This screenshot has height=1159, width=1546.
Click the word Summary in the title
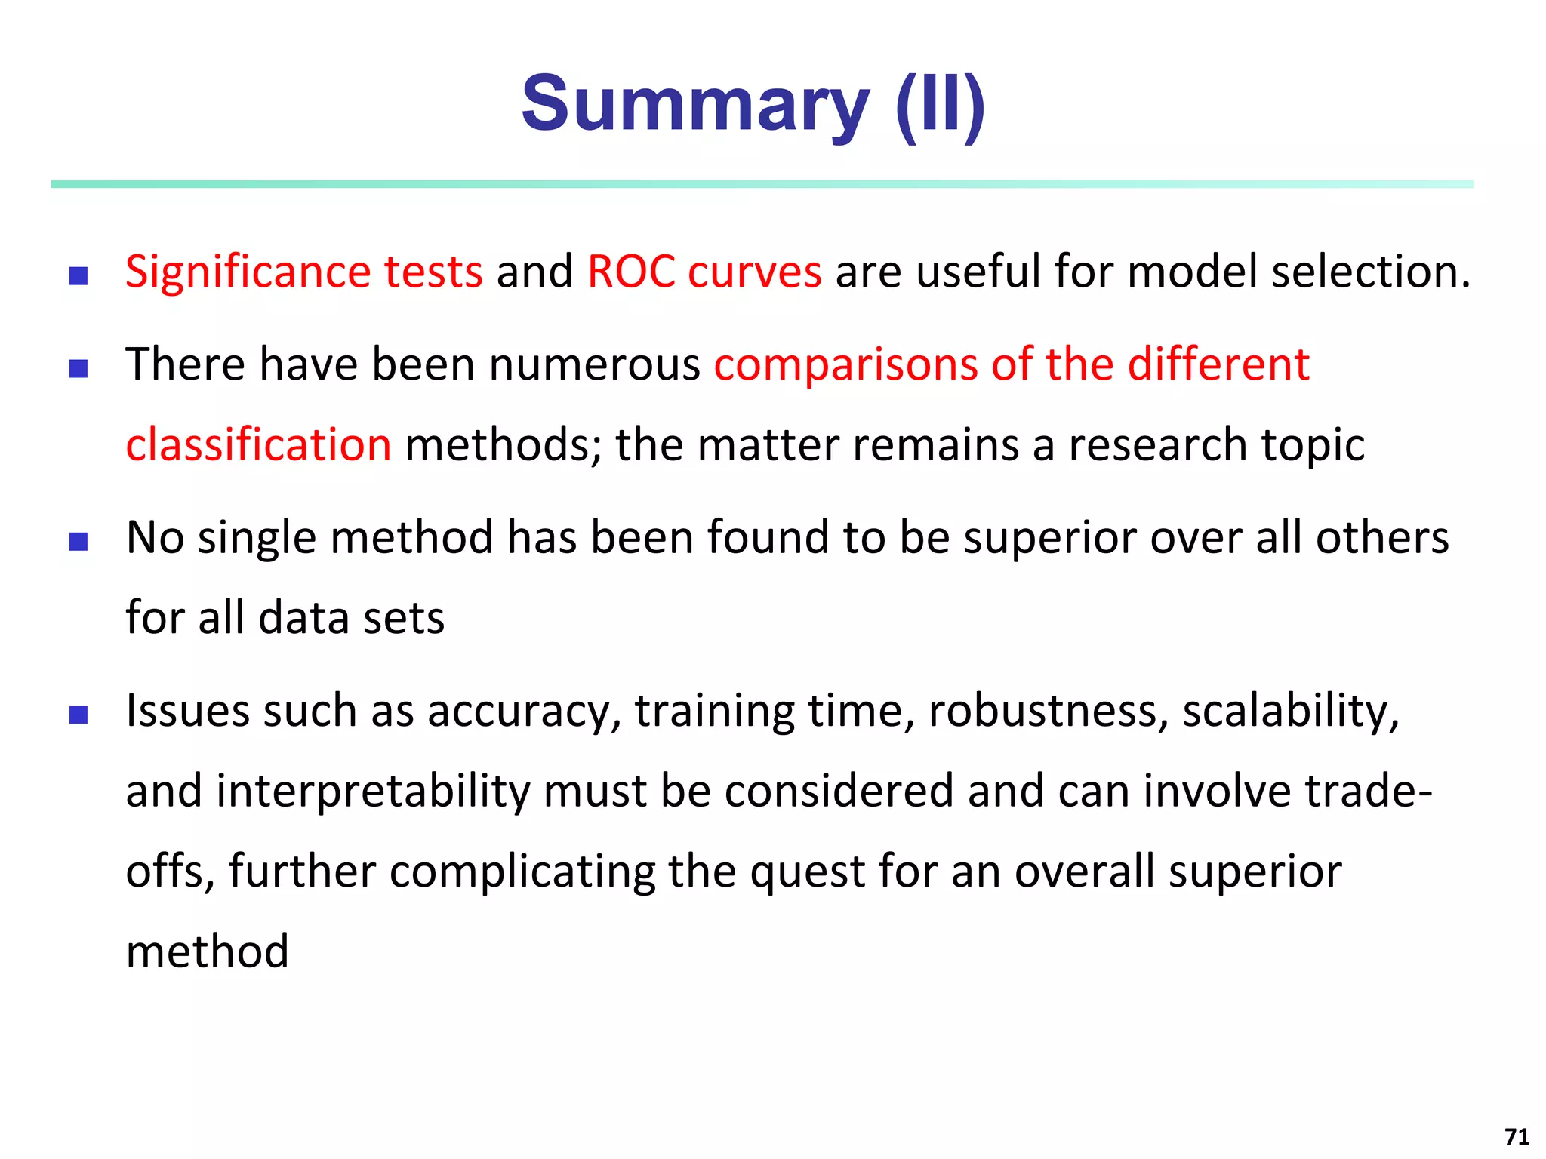tap(694, 104)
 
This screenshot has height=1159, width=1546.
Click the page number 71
tap(1517, 1136)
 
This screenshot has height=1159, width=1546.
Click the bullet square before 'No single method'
tap(79, 541)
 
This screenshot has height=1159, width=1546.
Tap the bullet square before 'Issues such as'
tap(79, 714)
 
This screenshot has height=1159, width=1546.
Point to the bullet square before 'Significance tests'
tap(79, 275)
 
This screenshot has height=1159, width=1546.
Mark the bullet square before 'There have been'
tap(79, 368)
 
